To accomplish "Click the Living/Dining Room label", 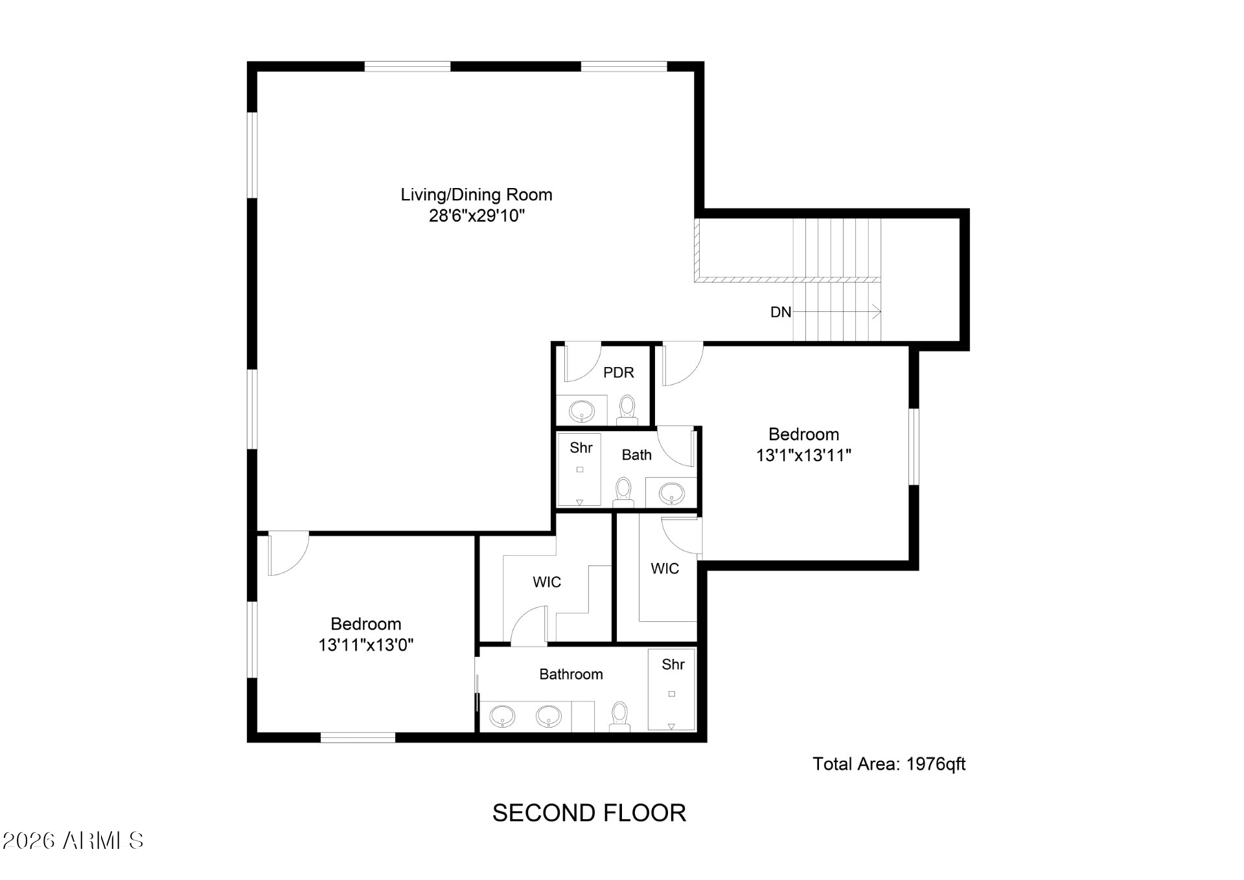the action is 476,195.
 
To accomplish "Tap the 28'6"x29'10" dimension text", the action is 476,216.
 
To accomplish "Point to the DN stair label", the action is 781,313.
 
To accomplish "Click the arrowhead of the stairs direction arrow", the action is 877,313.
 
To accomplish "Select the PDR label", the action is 619,373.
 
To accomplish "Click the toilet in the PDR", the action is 627,410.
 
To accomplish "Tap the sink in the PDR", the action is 581,410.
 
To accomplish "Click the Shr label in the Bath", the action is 581,447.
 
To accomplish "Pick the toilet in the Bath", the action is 623,492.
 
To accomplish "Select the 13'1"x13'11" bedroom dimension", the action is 803,455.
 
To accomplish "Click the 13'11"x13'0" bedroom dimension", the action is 366,645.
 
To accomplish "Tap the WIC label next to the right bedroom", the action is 665,569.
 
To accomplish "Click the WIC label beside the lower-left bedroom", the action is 547,582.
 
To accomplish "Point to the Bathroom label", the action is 571,674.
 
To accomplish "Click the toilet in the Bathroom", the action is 620,717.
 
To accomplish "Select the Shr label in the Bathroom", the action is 673,665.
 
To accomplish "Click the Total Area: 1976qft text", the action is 889,764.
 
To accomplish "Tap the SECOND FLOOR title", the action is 589,813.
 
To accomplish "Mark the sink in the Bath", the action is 671,493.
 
